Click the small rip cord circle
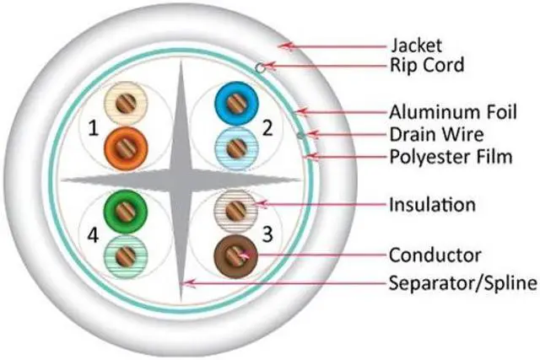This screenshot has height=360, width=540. tap(263, 67)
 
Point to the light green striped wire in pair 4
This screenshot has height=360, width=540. tap(124, 255)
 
